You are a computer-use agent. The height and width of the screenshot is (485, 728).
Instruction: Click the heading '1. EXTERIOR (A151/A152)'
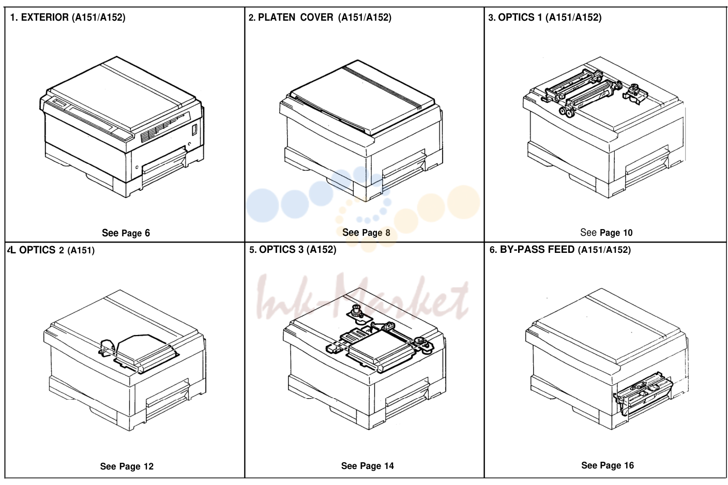pyautogui.click(x=68, y=17)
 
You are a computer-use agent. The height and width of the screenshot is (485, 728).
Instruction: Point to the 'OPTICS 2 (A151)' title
pyautogui.click(x=57, y=250)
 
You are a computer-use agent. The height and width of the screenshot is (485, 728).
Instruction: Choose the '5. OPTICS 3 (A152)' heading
pyautogui.click(x=293, y=250)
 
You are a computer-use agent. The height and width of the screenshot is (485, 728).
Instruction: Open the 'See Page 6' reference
pyautogui.click(x=126, y=233)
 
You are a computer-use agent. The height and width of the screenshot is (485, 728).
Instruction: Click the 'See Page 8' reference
pyautogui.click(x=366, y=233)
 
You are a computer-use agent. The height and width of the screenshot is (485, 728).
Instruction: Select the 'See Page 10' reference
pyautogui.click(x=606, y=233)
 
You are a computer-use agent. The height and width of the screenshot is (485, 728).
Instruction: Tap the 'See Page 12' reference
pyautogui.click(x=127, y=466)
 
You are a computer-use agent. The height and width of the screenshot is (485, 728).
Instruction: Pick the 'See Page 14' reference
pyautogui.click(x=367, y=466)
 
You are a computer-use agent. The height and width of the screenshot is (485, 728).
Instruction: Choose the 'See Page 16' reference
pyautogui.click(x=608, y=465)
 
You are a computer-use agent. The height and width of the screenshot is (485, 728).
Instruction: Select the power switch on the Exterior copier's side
pyautogui.click(x=195, y=129)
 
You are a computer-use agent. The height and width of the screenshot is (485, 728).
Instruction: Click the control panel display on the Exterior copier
pyautogui.click(x=60, y=103)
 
